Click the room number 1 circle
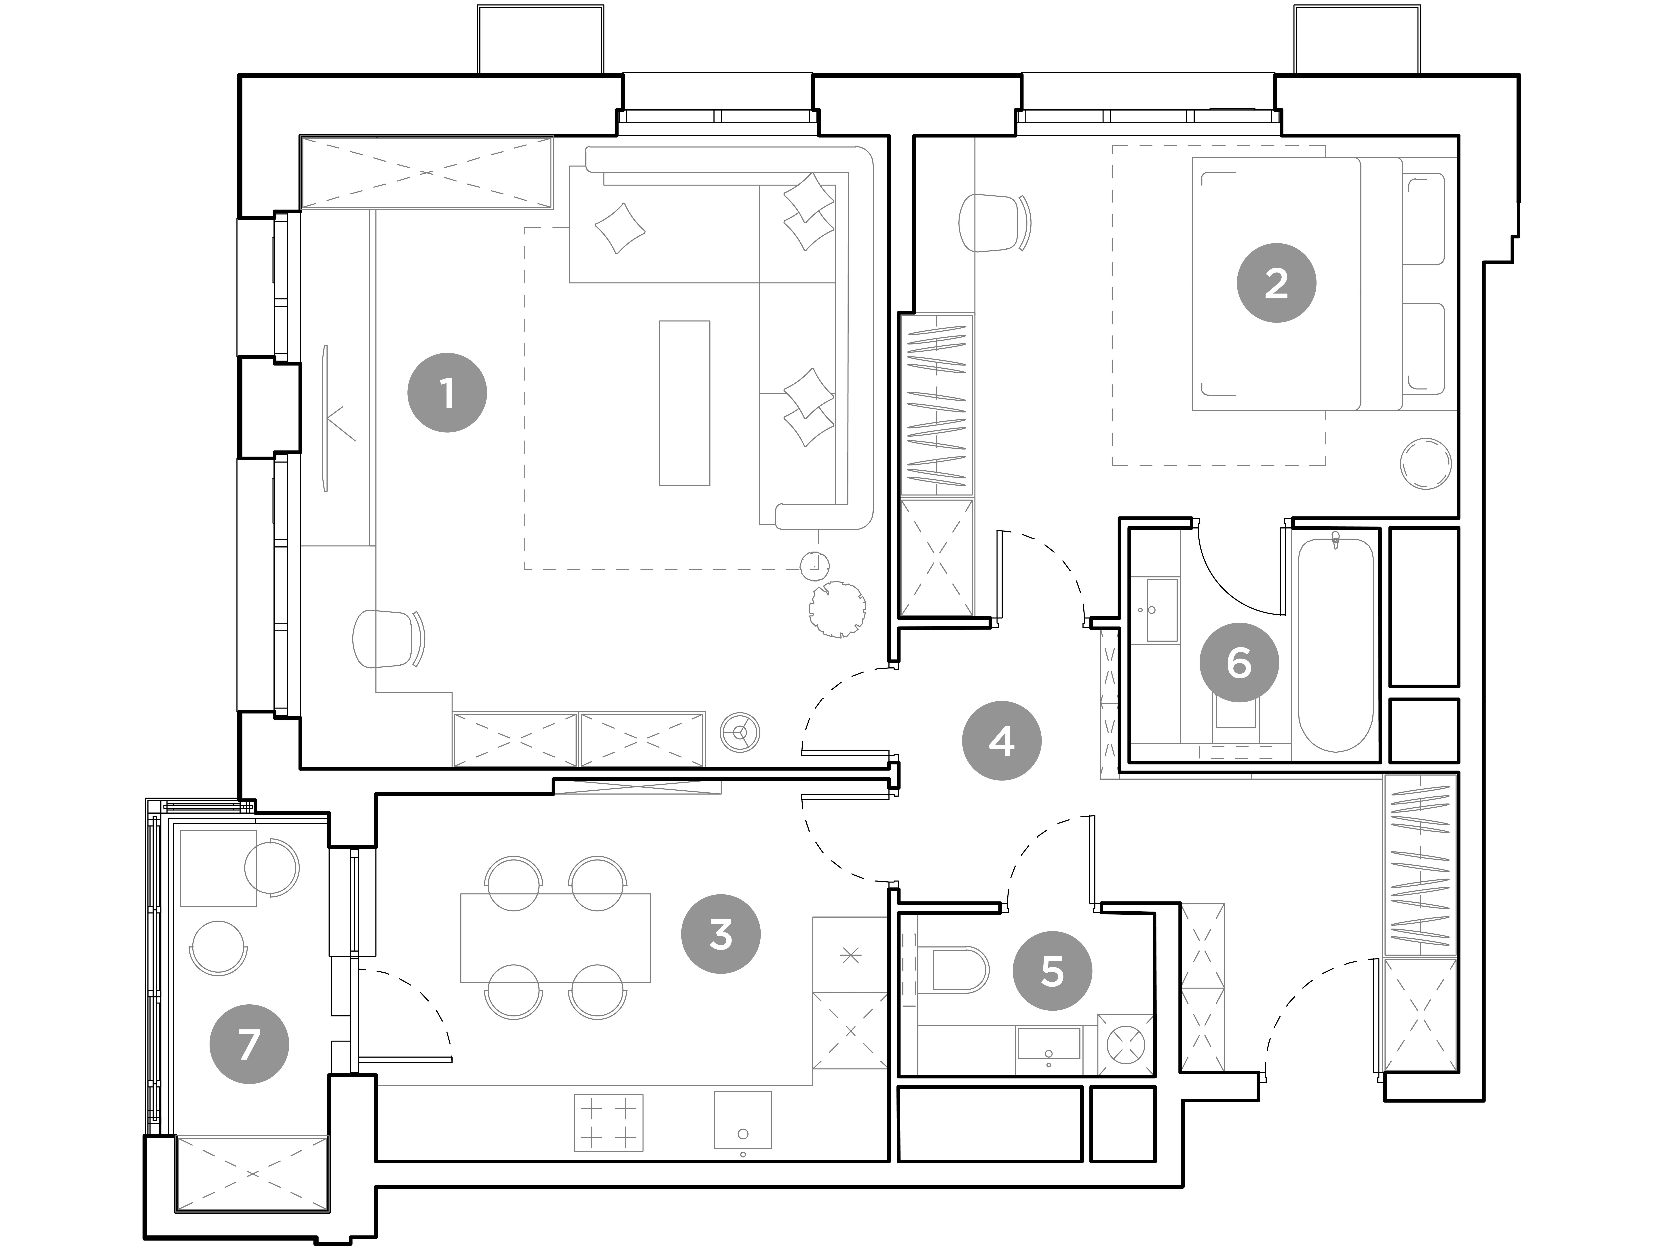pyautogui.click(x=447, y=393)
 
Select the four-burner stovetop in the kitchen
pyautogui.click(x=609, y=1122)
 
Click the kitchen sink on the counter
pyautogui.click(x=742, y=1120)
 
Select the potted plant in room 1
pyautogui.click(x=837, y=608)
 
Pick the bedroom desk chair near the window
pyautogui.click(x=991, y=223)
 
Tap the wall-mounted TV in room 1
pyautogui.click(x=326, y=418)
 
